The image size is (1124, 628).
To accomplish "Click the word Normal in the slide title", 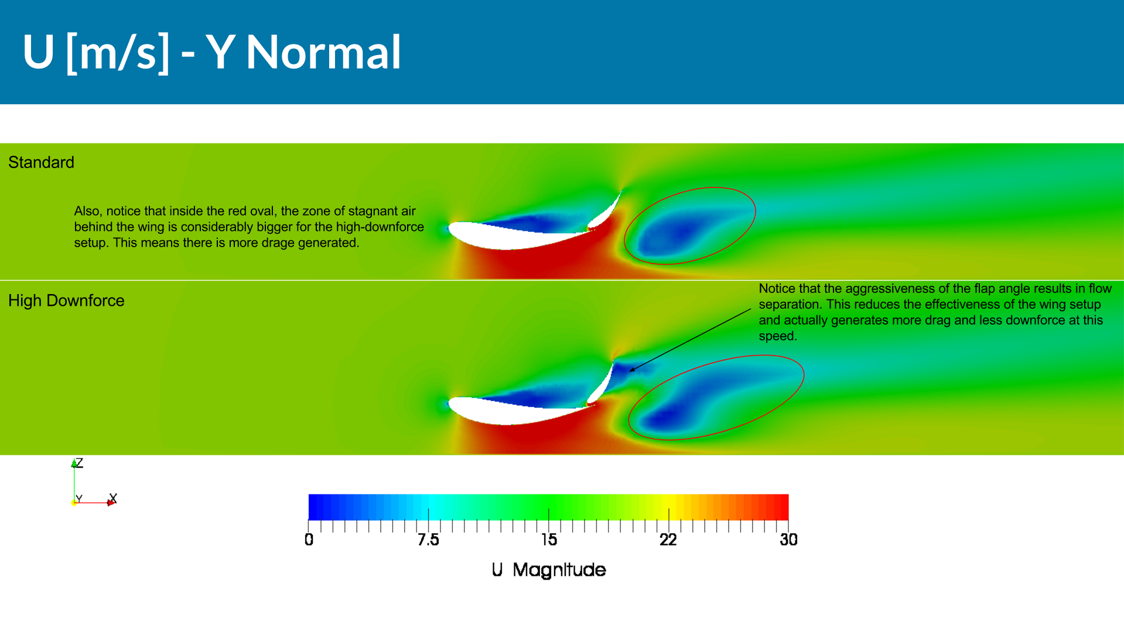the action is [x=323, y=52].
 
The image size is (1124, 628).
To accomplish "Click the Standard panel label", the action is [x=41, y=162].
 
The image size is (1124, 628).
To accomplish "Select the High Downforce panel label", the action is [x=66, y=301].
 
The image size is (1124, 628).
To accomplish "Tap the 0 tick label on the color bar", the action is [x=309, y=540].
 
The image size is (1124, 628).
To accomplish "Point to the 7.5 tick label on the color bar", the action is [x=428, y=540].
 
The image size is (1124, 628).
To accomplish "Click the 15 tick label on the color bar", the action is [x=549, y=540].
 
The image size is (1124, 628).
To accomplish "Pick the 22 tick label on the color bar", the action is [x=668, y=540].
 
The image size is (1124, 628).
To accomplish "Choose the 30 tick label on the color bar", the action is [x=788, y=540].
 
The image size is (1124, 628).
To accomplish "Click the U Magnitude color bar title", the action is [x=549, y=570].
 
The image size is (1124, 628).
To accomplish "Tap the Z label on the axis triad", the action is [x=79, y=463].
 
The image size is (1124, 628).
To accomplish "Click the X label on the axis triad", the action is [x=113, y=499].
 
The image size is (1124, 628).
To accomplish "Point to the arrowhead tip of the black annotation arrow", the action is [x=630, y=371].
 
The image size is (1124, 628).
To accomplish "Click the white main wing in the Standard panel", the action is [x=515, y=236].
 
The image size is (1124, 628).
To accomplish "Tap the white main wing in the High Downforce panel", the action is [x=515, y=411].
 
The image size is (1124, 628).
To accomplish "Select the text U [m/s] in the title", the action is [x=96, y=53].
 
